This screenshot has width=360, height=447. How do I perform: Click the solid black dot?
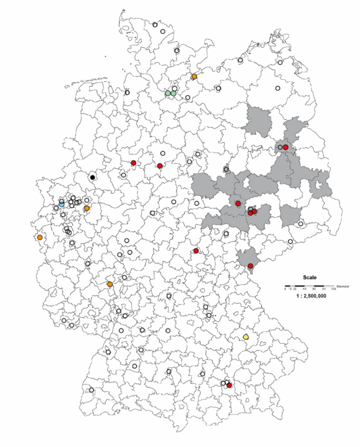(x=93, y=177)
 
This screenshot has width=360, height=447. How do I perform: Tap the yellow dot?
(x=245, y=338)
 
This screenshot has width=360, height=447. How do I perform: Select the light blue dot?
(x=61, y=203)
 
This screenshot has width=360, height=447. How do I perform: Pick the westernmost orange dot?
(x=40, y=237)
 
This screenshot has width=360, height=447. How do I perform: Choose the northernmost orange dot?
(x=194, y=77)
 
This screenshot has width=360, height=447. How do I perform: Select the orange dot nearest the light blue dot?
(x=87, y=209)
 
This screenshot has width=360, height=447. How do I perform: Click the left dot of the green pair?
(x=168, y=93)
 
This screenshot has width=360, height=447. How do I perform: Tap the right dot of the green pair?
(x=174, y=93)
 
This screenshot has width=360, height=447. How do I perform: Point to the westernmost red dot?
(x=133, y=163)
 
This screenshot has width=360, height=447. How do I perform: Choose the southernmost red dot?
(x=229, y=386)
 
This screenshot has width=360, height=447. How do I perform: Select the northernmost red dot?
(x=285, y=147)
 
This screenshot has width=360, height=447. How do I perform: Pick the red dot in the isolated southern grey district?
(x=250, y=266)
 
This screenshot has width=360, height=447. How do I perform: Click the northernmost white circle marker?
(x=155, y=25)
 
